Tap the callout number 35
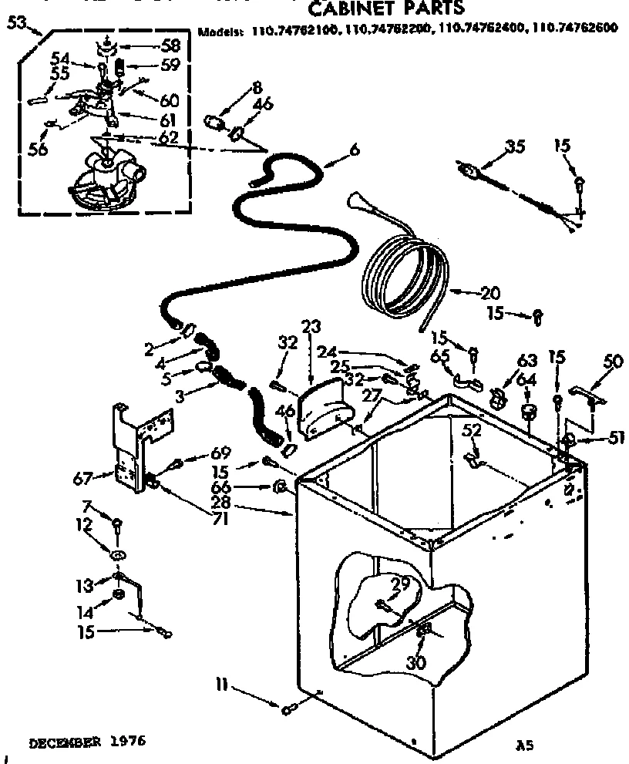tap(514, 146)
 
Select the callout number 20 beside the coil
tap(490, 293)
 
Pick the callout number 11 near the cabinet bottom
tap(222, 682)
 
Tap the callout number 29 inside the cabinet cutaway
tap(400, 586)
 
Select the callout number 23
tap(311, 326)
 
